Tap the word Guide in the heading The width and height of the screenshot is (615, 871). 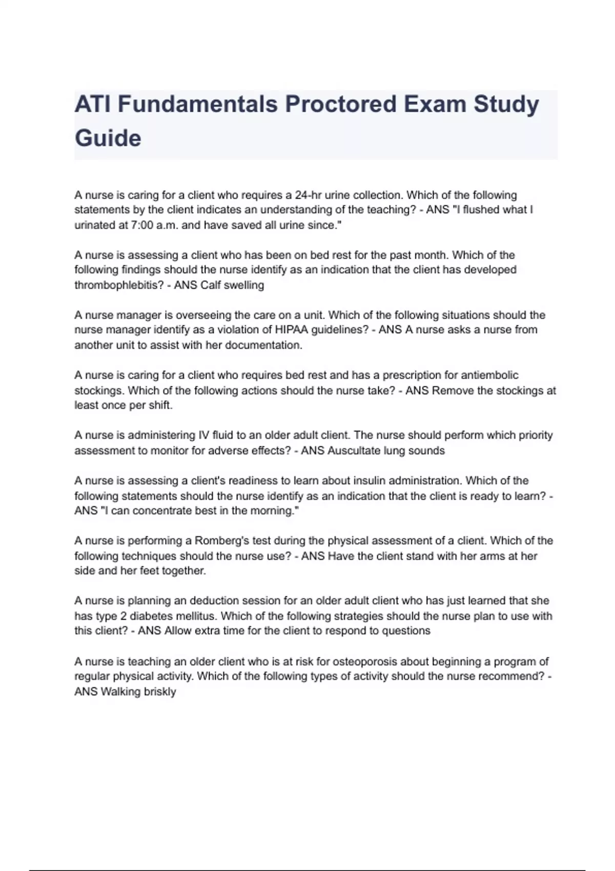(108, 138)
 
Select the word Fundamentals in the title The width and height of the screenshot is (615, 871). (197, 104)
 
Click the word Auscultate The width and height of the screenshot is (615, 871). (353, 450)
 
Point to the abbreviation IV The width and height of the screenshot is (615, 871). (203, 435)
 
